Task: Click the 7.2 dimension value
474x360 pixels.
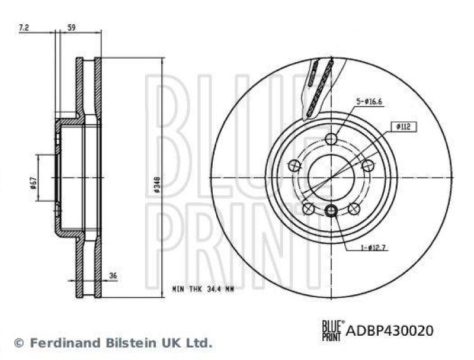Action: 24,27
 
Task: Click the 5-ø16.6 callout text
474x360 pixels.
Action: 370,102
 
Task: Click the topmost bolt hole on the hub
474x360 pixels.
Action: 331,139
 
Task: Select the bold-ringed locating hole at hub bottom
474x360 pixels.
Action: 331,210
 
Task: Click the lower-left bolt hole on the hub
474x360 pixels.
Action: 308,209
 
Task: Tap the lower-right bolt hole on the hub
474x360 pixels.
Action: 354,208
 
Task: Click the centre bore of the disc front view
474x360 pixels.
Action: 331,177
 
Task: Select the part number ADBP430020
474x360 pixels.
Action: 390,330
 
